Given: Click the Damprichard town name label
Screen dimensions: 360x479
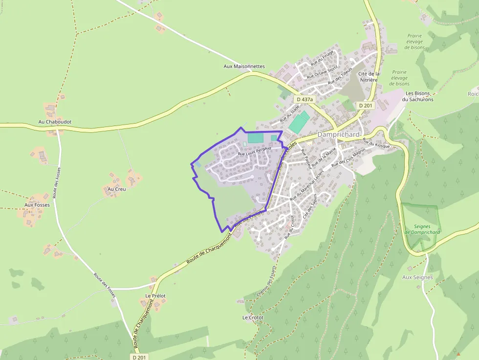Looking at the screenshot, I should pyautogui.click(x=338, y=134).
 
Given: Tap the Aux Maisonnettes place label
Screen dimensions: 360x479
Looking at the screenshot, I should pyautogui.click(x=244, y=66).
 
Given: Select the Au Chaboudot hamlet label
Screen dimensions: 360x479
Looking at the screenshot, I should pyautogui.click(x=55, y=122).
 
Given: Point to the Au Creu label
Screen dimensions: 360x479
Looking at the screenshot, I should pyautogui.click(x=116, y=189).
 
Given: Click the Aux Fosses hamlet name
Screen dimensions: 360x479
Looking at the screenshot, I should pyautogui.click(x=37, y=205).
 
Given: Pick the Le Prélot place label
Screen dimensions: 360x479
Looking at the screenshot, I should pyautogui.click(x=155, y=296).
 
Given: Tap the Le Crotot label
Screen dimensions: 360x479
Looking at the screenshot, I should pyautogui.click(x=253, y=318).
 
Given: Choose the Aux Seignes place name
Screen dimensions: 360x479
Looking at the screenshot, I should pyautogui.click(x=417, y=277).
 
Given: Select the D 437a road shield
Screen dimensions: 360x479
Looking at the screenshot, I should pyautogui.click(x=305, y=99).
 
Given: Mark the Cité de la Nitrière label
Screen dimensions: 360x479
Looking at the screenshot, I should pyautogui.click(x=369, y=76).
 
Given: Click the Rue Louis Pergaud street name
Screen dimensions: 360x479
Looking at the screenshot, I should pyautogui.click(x=254, y=152).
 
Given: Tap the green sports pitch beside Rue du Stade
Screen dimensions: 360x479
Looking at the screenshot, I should pyautogui.click(x=299, y=122).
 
